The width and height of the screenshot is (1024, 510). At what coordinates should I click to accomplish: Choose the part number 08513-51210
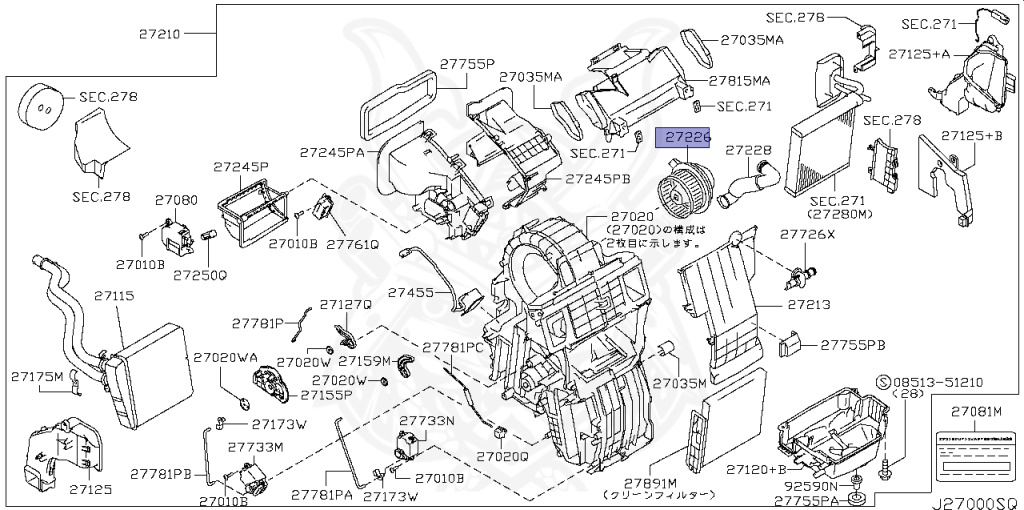(x=937, y=381)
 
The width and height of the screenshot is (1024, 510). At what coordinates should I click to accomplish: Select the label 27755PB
(x=853, y=345)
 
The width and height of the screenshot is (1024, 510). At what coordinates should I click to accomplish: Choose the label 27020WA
(x=225, y=357)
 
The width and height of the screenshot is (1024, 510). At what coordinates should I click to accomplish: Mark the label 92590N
(x=811, y=486)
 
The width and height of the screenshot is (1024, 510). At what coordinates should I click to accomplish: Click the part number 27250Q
(x=200, y=274)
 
